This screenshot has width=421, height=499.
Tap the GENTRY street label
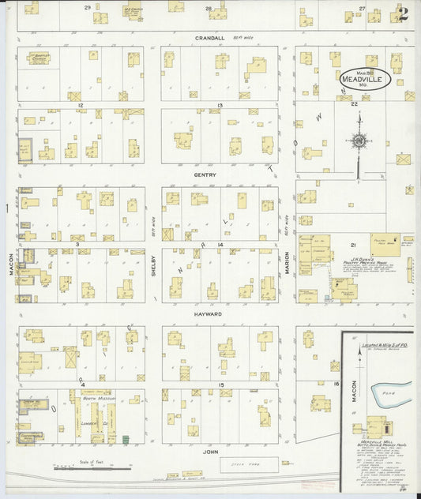click(x=209, y=175)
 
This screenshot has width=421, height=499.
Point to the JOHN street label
click(x=209, y=452)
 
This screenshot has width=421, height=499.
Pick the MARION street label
click(x=287, y=263)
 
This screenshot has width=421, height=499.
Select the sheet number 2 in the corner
click(x=404, y=13)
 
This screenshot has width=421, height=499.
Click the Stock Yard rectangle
click(x=249, y=464)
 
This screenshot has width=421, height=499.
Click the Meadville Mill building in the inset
click(x=370, y=427)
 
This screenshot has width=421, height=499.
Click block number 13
click(x=220, y=104)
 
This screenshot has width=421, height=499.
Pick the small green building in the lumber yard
click(x=124, y=437)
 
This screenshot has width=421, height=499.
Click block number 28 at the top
click(x=209, y=8)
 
